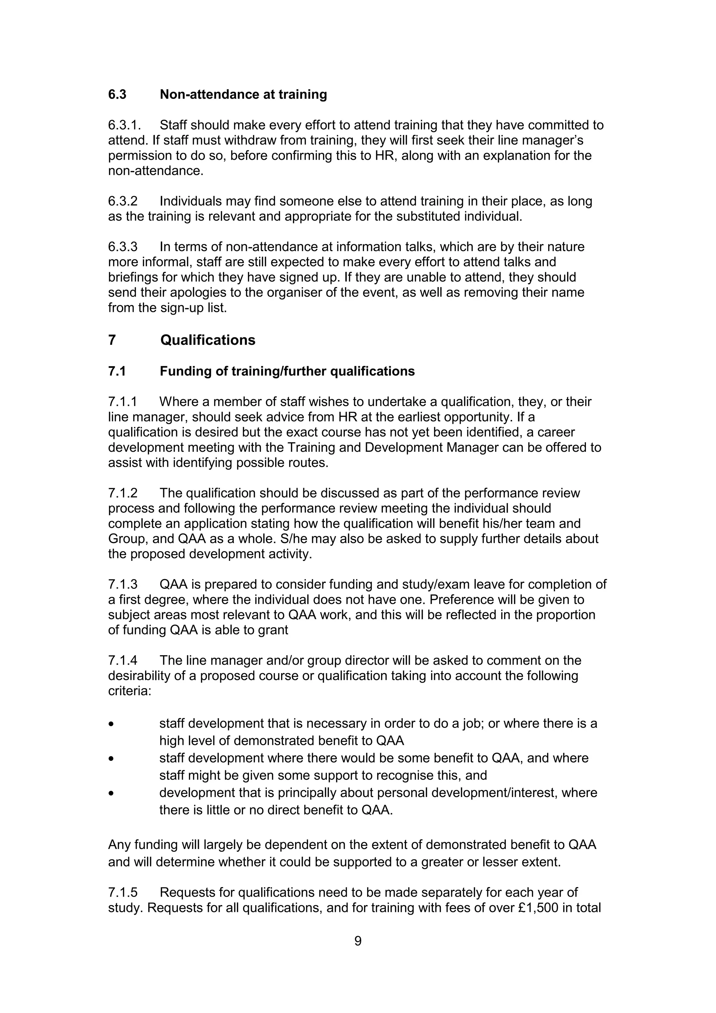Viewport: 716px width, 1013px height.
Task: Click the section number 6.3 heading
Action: coord(117,94)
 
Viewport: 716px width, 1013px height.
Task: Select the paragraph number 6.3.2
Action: coord(123,201)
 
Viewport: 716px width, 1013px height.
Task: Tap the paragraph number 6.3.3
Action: coord(123,247)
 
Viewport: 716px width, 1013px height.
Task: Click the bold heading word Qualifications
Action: coord(208,340)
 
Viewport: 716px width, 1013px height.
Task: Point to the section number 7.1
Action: coord(117,371)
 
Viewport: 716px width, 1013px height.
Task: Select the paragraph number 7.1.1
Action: coord(122,402)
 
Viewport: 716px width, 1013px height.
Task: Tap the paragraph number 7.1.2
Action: coord(123,493)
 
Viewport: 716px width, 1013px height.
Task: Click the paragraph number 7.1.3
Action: coord(123,585)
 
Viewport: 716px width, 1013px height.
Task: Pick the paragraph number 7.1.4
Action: coord(123,661)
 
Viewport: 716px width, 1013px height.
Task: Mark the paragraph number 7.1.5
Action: coord(123,893)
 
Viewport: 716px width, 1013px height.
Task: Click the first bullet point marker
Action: coord(112,725)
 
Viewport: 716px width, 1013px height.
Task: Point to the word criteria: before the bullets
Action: coord(130,691)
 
